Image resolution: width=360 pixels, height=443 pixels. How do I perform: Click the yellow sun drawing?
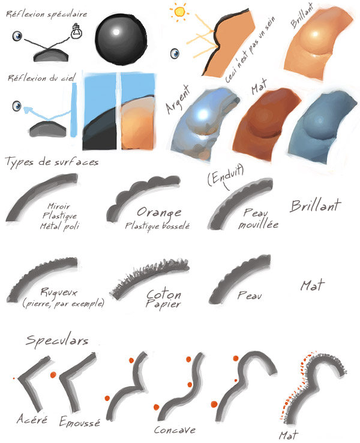click(179, 11)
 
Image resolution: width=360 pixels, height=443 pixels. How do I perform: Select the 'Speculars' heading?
click(57, 340)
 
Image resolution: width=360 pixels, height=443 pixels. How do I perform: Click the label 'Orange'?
click(159, 212)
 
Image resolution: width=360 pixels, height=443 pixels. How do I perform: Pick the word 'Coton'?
click(164, 295)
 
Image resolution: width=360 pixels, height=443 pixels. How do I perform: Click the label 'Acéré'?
click(31, 418)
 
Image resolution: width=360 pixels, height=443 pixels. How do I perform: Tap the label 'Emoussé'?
click(80, 421)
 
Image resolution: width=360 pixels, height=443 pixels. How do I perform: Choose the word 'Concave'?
click(175, 430)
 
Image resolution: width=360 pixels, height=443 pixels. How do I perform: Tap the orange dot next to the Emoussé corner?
click(54, 375)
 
